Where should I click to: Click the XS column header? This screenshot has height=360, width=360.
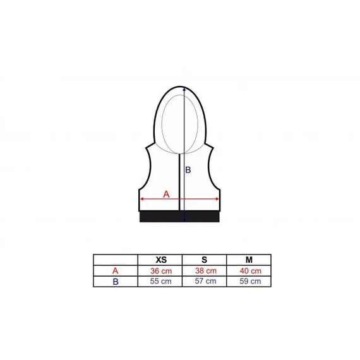[x=161, y=260]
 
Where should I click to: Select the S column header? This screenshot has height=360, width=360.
[x=204, y=260]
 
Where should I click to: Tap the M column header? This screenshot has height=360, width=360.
[x=249, y=260]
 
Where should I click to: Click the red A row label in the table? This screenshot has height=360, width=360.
[x=115, y=271]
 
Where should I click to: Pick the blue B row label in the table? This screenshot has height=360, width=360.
[x=116, y=282]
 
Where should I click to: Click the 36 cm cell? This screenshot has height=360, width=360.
[x=161, y=271]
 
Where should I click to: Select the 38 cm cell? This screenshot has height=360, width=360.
[x=206, y=271]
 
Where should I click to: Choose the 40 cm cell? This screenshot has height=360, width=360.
[x=251, y=271]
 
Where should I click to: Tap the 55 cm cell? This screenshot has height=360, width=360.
[x=160, y=281]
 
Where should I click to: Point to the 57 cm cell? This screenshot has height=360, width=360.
[x=205, y=281]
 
